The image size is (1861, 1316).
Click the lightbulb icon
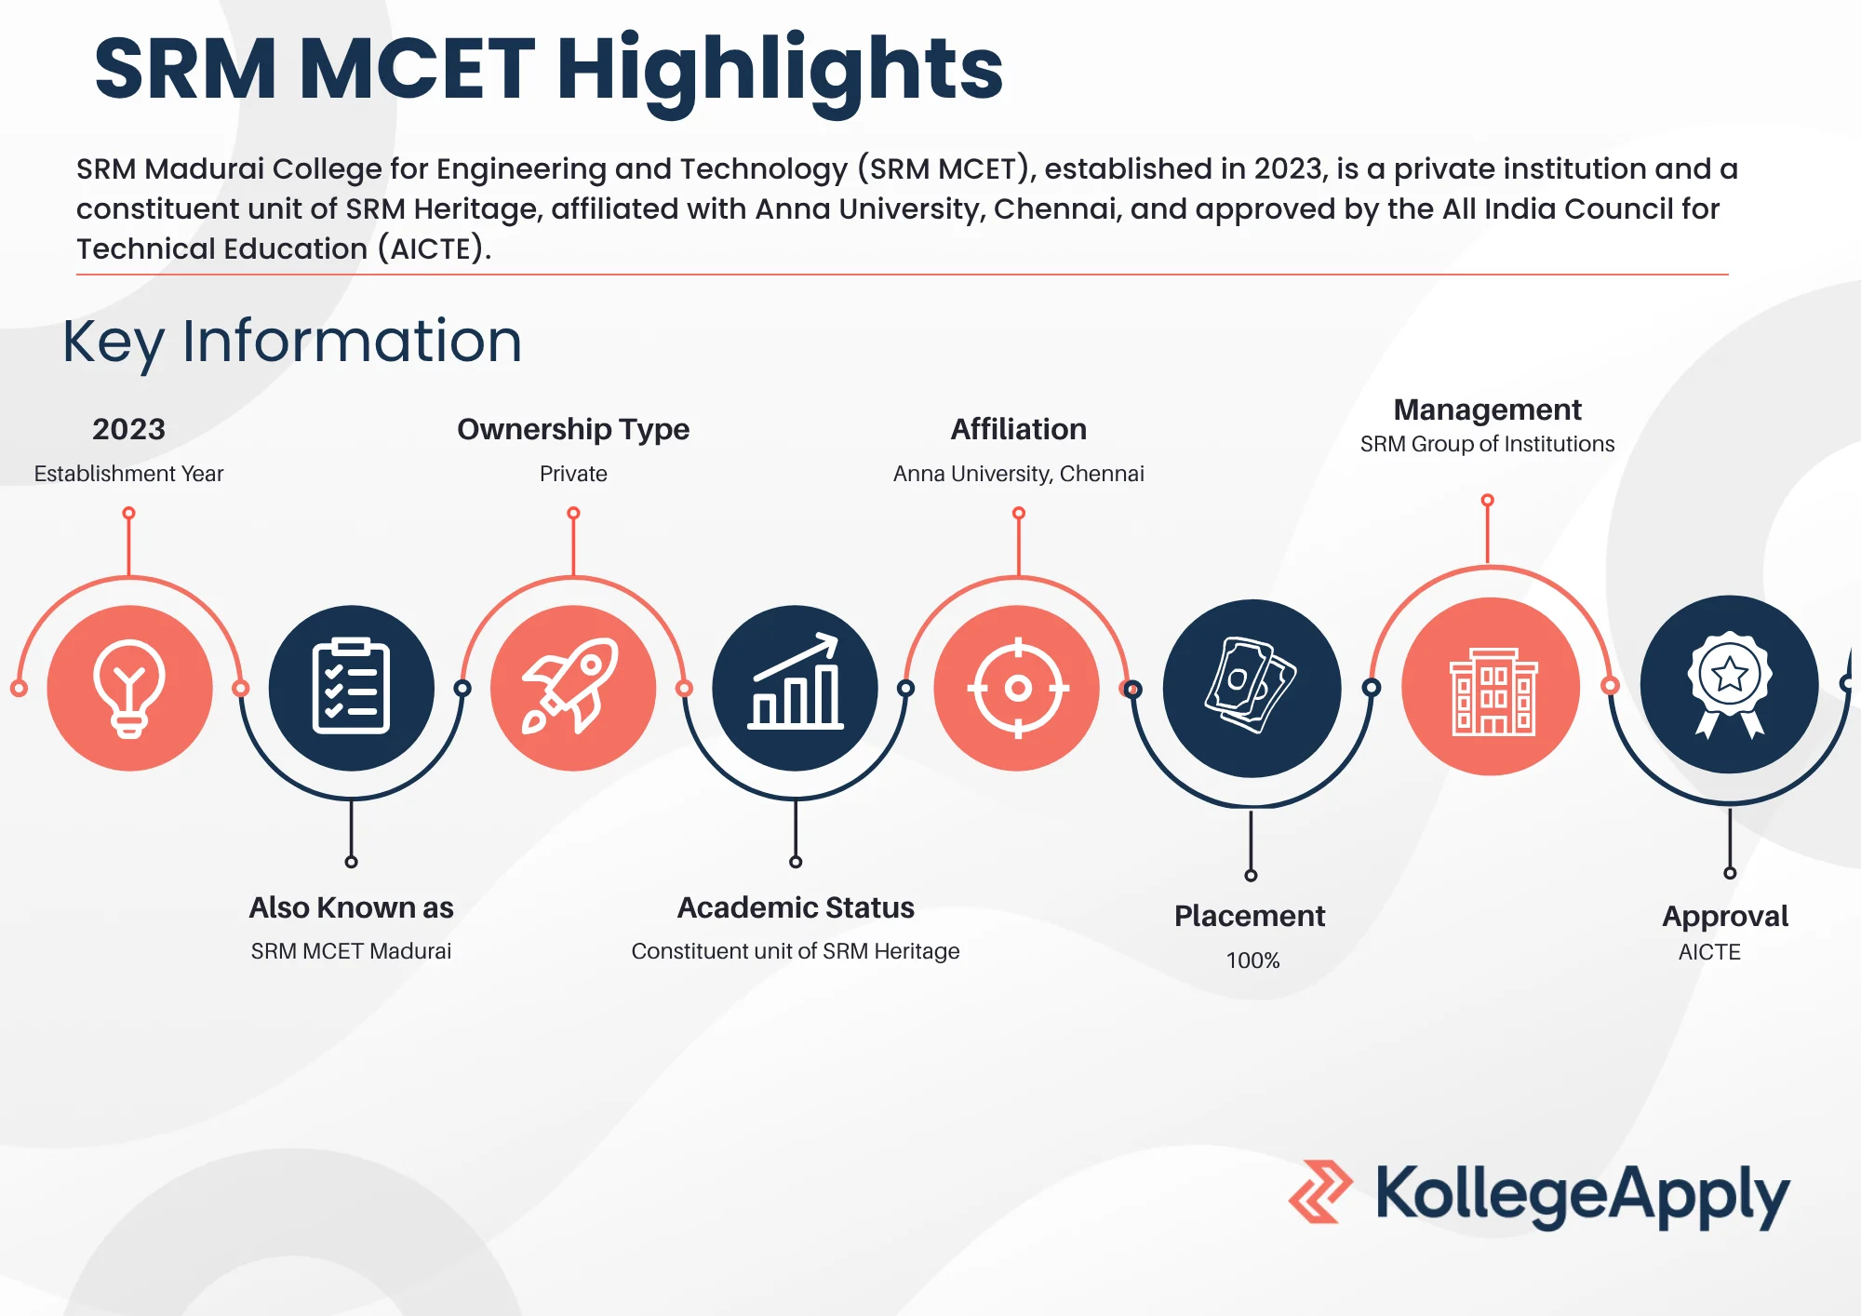click(129, 689)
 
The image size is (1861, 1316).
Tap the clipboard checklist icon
click(351, 687)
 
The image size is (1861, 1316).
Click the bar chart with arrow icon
click(796, 681)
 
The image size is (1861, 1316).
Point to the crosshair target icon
click(1018, 689)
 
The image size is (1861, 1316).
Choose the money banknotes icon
click(1251, 685)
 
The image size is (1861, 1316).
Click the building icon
click(1493, 692)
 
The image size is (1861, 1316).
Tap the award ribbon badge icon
click(1729, 685)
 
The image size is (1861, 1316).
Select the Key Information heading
click(292, 342)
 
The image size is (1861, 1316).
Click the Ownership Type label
click(573, 429)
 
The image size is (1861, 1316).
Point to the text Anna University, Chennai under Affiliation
click(1019, 474)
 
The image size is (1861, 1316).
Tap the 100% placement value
click(1252, 960)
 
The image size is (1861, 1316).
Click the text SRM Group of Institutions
click(1487, 444)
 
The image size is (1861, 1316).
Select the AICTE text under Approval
click(1709, 952)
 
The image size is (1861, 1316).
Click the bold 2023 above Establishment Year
click(128, 429)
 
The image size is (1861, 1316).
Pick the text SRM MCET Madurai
click(351, 951)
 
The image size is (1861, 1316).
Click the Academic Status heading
click(796, 907)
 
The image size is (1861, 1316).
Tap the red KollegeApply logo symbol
click(1320, 1191)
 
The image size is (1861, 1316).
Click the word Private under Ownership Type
click(573, 474)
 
